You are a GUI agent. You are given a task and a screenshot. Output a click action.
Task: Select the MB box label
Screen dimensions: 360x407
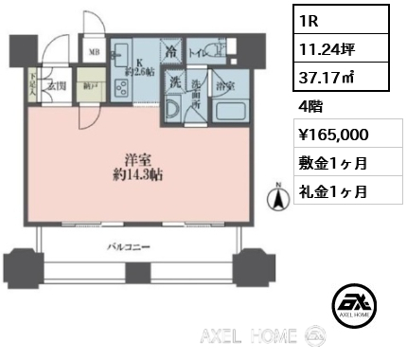click(x=95, y=52)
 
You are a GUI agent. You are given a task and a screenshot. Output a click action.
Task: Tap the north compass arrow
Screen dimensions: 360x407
click(x=279, y=200)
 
